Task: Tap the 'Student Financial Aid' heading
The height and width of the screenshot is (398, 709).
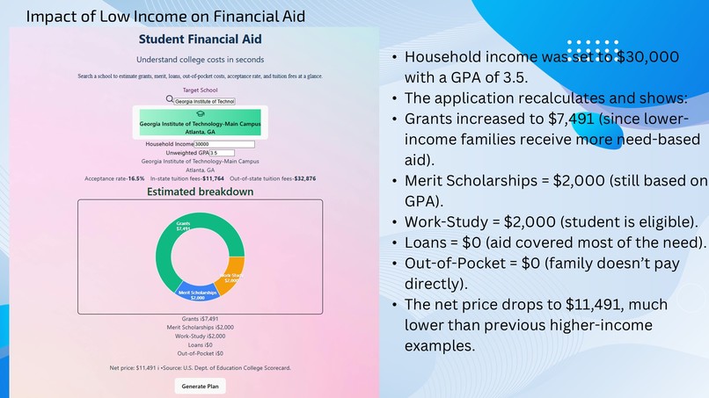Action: (x=200, y=40)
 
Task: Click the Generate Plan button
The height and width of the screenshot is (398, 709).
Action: (x=200, y=386)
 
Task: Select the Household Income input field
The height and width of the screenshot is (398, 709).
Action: (x=224, y=143)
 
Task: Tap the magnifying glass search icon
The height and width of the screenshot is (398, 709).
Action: (x=170, y=100)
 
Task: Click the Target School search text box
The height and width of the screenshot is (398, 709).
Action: (x=204, y=101)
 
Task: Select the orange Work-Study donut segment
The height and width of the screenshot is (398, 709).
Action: (x=231, y=277)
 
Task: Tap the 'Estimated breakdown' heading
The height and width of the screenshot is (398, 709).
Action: (x=200, y=192)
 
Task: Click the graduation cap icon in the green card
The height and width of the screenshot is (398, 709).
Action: (x=200, y=114)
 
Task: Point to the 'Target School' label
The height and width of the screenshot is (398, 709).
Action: (x=200, y=90)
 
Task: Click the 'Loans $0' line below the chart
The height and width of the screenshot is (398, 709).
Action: (x=200, y=344)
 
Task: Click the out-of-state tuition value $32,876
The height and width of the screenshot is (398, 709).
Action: (x=300, y=178)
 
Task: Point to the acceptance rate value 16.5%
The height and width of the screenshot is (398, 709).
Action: (x=135, y=178)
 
